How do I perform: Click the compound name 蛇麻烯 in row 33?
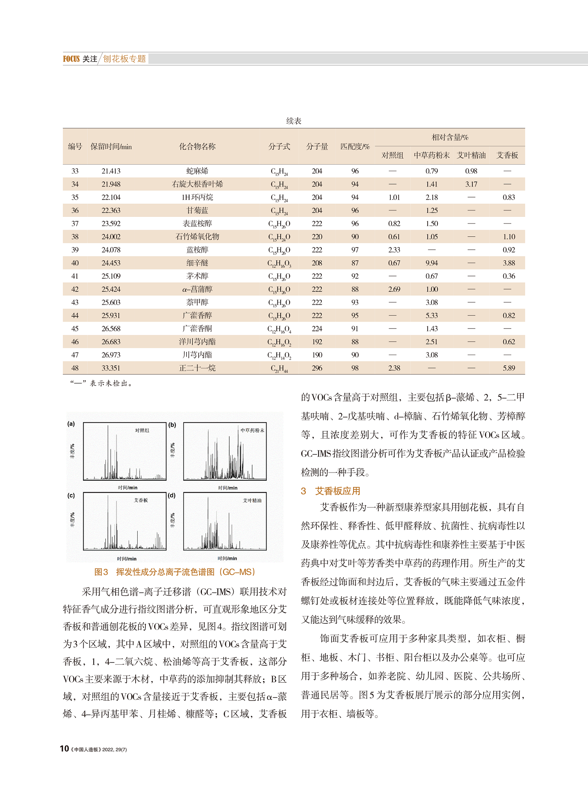(197, 171)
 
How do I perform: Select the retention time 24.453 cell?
(111, 263)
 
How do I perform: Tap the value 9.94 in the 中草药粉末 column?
(432, 263)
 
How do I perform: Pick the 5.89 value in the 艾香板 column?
(508, 368)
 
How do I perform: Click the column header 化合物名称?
(197, 147)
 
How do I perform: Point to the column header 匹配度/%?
(355, 147)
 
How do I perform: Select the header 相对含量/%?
(450, 138)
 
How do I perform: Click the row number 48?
(75, 368)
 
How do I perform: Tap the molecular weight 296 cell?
(317, 368)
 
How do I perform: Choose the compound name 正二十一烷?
(197, 368)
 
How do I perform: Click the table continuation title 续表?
(294, 121)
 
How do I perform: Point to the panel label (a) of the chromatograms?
(71, 423)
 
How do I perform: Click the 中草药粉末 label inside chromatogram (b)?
(252, 431)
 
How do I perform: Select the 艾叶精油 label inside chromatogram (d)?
(252, 501)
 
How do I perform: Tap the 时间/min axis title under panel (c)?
(127, 559)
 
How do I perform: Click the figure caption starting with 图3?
(175, 572)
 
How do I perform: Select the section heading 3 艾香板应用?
(330, 491)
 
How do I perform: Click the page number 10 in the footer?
(64, 749)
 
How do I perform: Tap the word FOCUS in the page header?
(71, 59)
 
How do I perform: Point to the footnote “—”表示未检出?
(102, 383)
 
